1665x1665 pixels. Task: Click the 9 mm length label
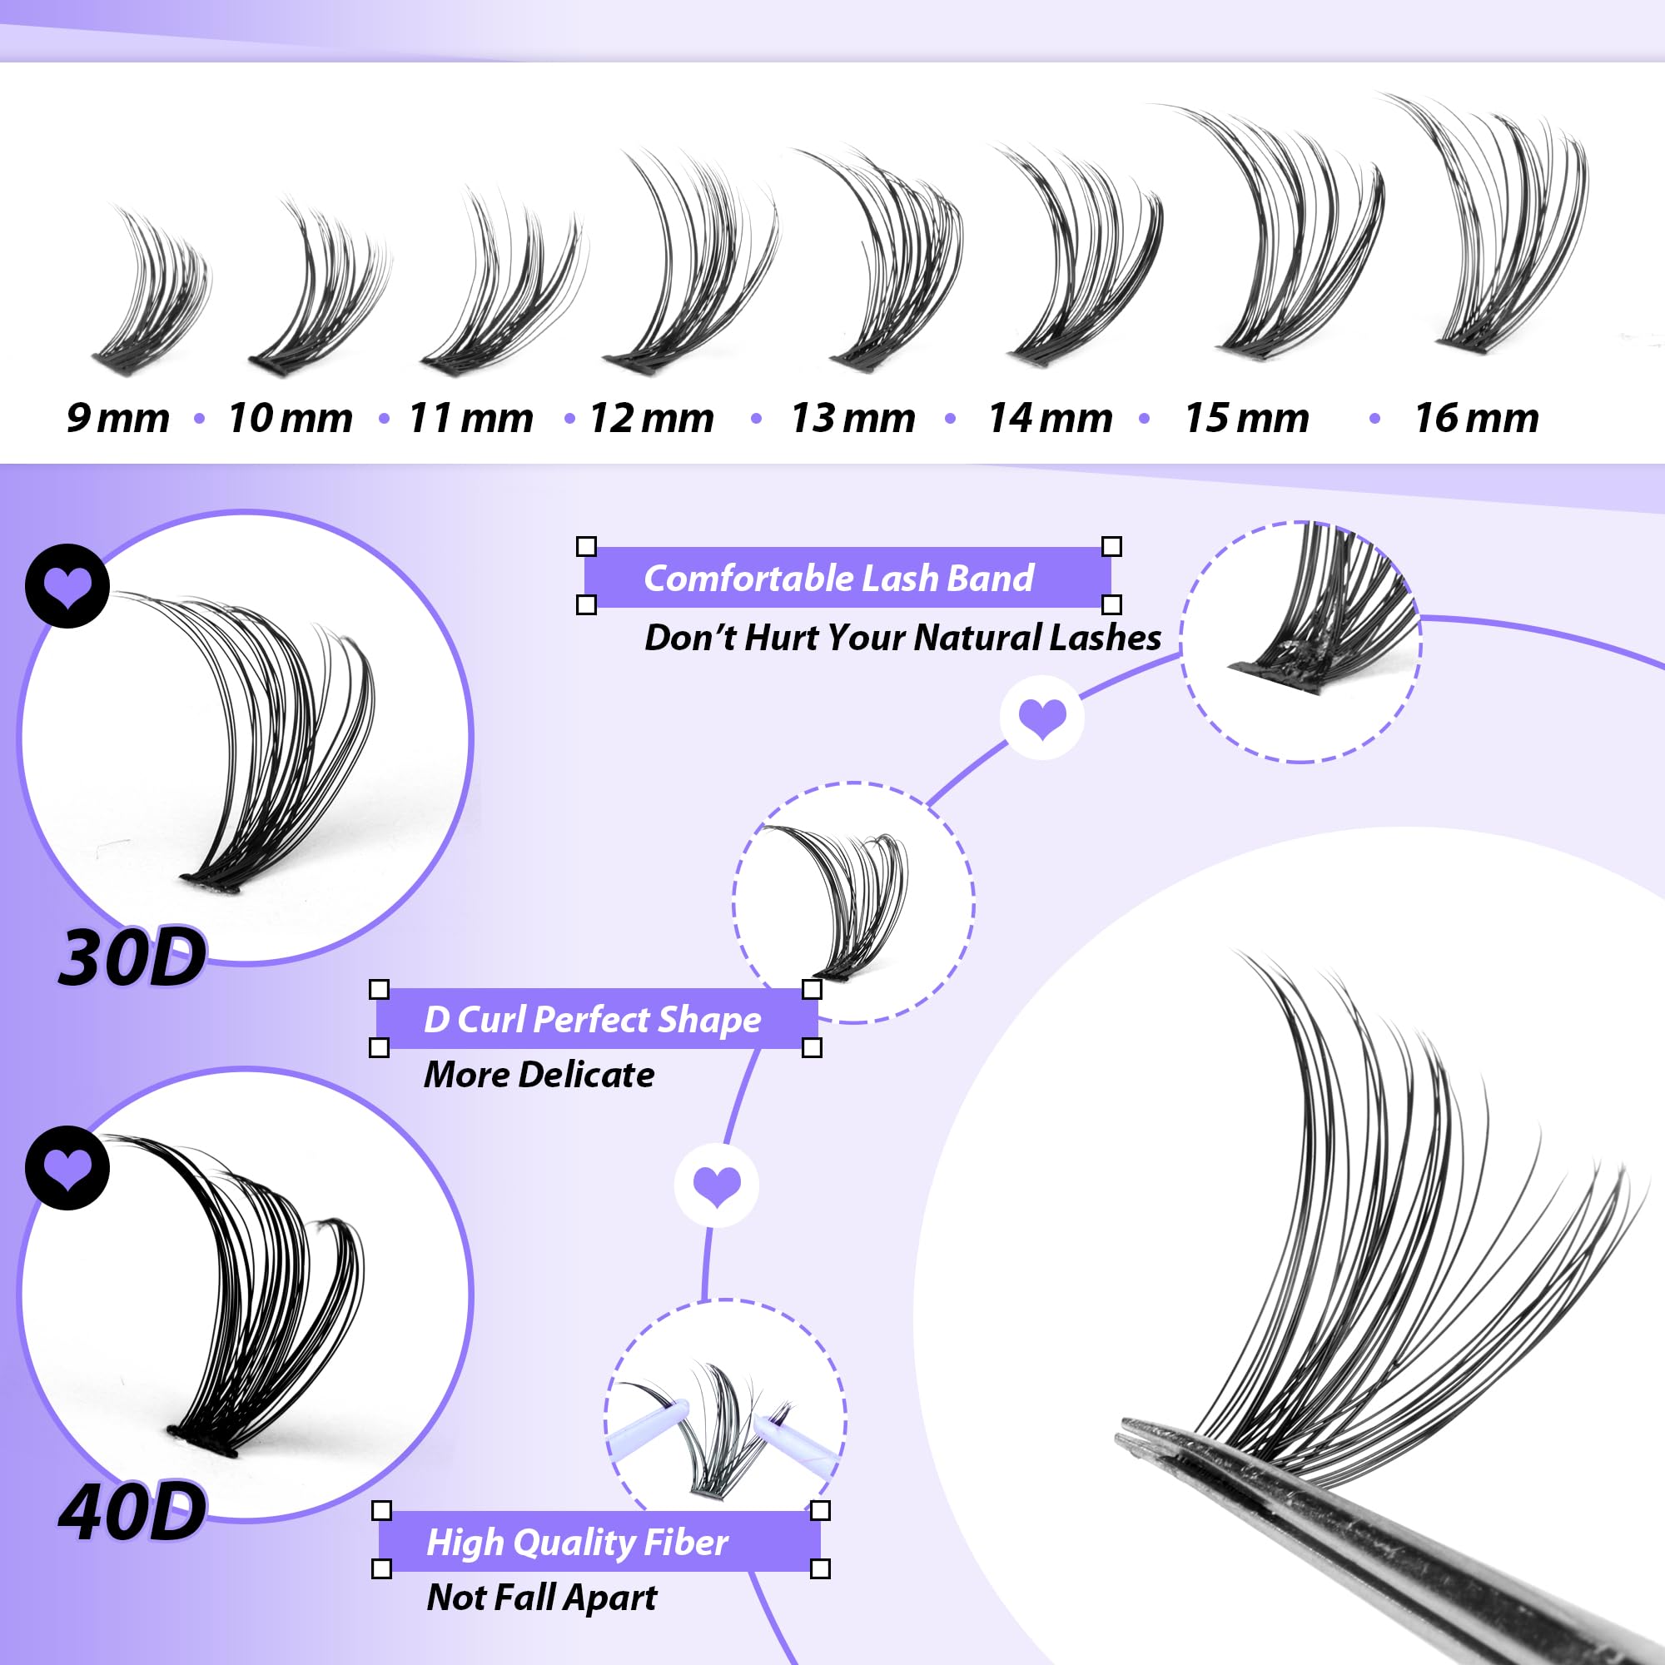[118, 419]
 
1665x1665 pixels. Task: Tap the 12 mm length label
[652, 419]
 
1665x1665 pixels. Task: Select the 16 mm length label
[1475, 419]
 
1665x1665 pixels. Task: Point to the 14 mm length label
[1050, 419]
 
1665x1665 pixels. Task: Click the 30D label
[132, 958]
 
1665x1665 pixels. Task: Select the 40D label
[132, 1513]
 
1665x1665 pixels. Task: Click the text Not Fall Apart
[541, 1598]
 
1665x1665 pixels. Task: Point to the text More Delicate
[539, 1075]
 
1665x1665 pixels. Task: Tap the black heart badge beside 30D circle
[67, 586]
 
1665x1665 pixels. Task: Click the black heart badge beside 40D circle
[67, 1168]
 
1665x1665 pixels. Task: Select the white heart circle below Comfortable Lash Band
[1042, 717]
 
